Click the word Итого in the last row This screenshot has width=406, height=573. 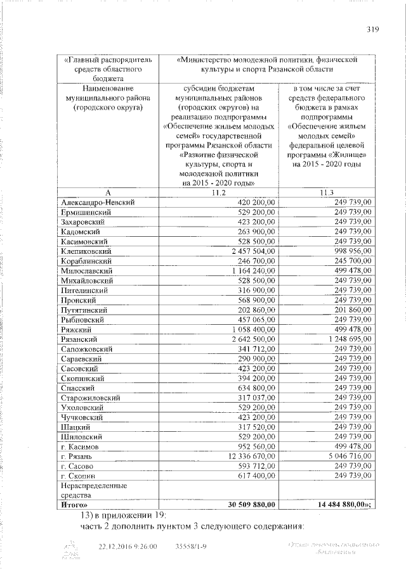point(74,505)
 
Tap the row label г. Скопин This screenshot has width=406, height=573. point(77,475)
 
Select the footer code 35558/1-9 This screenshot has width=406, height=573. point(190,546)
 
